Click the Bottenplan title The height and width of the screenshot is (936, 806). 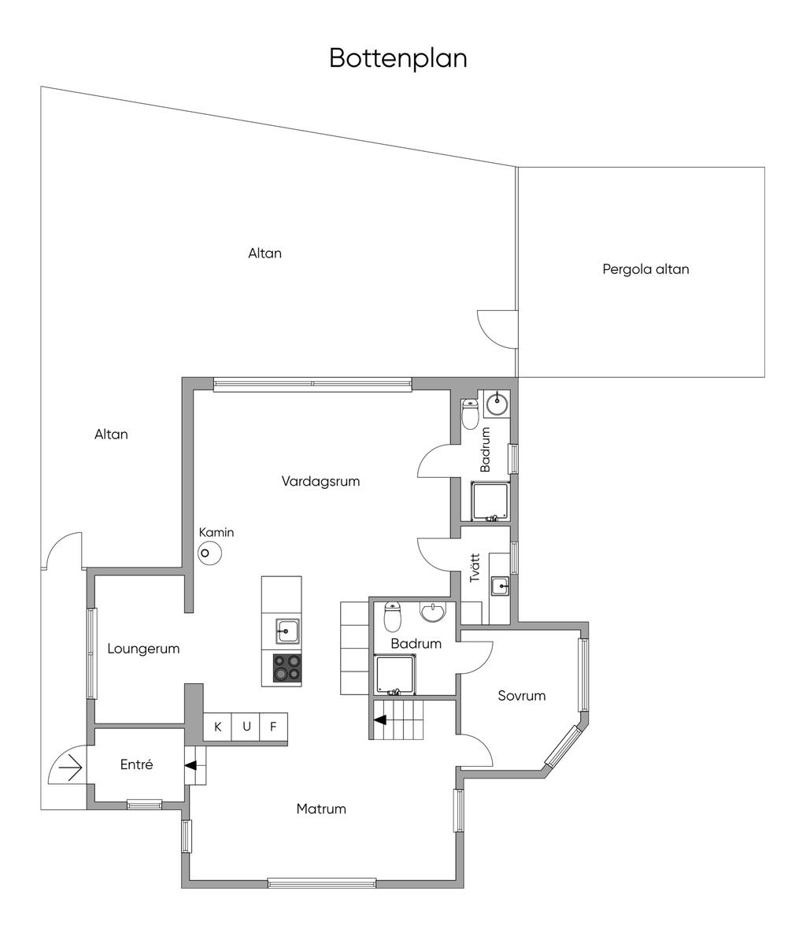point(397,58)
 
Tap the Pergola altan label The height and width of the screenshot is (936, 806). point(645,269)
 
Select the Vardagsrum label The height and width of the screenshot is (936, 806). point(320,481)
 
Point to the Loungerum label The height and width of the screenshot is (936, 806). point(143,649)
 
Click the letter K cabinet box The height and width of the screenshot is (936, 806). point(218,727)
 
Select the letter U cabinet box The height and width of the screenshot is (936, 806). point(246,727)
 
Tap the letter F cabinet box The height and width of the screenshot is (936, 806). point(273,727)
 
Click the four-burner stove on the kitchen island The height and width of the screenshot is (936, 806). point(287,668)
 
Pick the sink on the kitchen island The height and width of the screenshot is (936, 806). point(287,631)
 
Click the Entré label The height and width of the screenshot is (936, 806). point(136,764)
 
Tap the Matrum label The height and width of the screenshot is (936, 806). point(321,808)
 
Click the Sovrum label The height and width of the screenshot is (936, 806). point(521,696)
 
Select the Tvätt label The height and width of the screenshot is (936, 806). point(475,568)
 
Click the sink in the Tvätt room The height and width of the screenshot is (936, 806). point(500,586)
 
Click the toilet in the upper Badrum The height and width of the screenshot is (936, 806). point(470,414)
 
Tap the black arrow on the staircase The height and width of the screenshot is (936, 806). point(380,720)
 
